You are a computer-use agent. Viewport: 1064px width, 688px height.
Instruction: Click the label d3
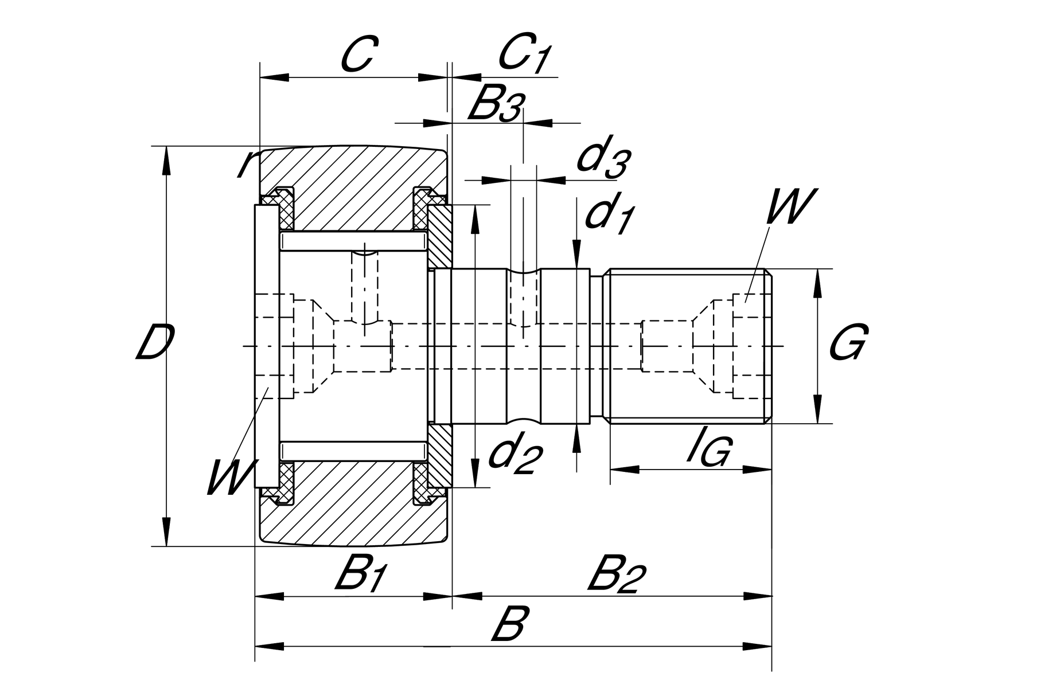point(602,156)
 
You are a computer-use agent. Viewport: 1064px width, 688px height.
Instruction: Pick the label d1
point(608,216)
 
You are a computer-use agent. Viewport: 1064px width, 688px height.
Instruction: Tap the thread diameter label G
point(848,343)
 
